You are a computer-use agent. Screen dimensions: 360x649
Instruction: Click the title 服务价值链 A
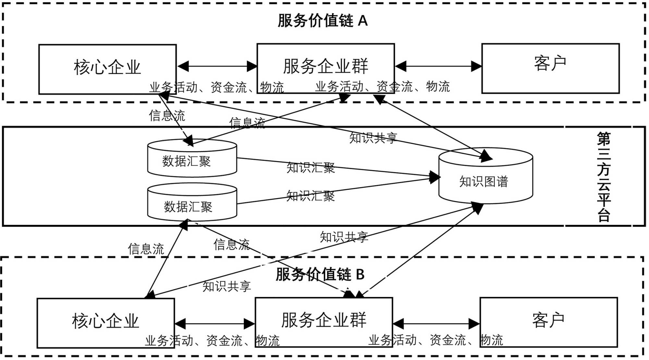point(323,21)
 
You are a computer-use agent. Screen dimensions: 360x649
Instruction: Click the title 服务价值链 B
point(320,274)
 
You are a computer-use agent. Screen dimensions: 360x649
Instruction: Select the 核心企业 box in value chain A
point(107,68)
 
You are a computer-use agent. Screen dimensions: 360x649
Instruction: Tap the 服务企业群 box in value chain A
point(325,67)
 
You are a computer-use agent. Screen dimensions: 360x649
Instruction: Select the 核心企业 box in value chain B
point(105,321)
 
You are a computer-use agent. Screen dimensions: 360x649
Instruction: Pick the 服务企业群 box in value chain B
point(324,320)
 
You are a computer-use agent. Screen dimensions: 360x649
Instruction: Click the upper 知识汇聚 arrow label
point(311,168)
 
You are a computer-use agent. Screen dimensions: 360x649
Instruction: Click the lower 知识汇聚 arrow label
point(311,196)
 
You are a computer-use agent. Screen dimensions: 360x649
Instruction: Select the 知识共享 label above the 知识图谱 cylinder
point(373,138)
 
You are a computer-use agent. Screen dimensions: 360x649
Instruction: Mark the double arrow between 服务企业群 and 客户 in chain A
point(438,67)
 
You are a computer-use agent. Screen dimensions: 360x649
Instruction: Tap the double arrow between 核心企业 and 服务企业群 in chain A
point(216,67)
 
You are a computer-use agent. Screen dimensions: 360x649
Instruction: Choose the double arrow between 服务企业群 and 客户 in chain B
point(436,324)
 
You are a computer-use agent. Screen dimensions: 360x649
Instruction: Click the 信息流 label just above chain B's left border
point(146,249)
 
